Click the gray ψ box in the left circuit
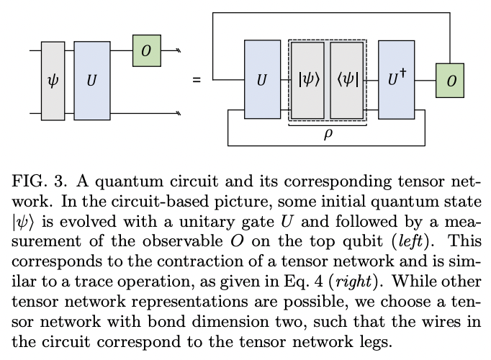53,81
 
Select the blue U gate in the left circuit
91,81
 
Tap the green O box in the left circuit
146,50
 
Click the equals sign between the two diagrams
197,79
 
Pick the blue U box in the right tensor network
262,79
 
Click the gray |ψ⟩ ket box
307,79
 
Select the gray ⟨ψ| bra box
347,79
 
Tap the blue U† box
397,79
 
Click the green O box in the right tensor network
450,81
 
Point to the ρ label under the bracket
328,134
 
